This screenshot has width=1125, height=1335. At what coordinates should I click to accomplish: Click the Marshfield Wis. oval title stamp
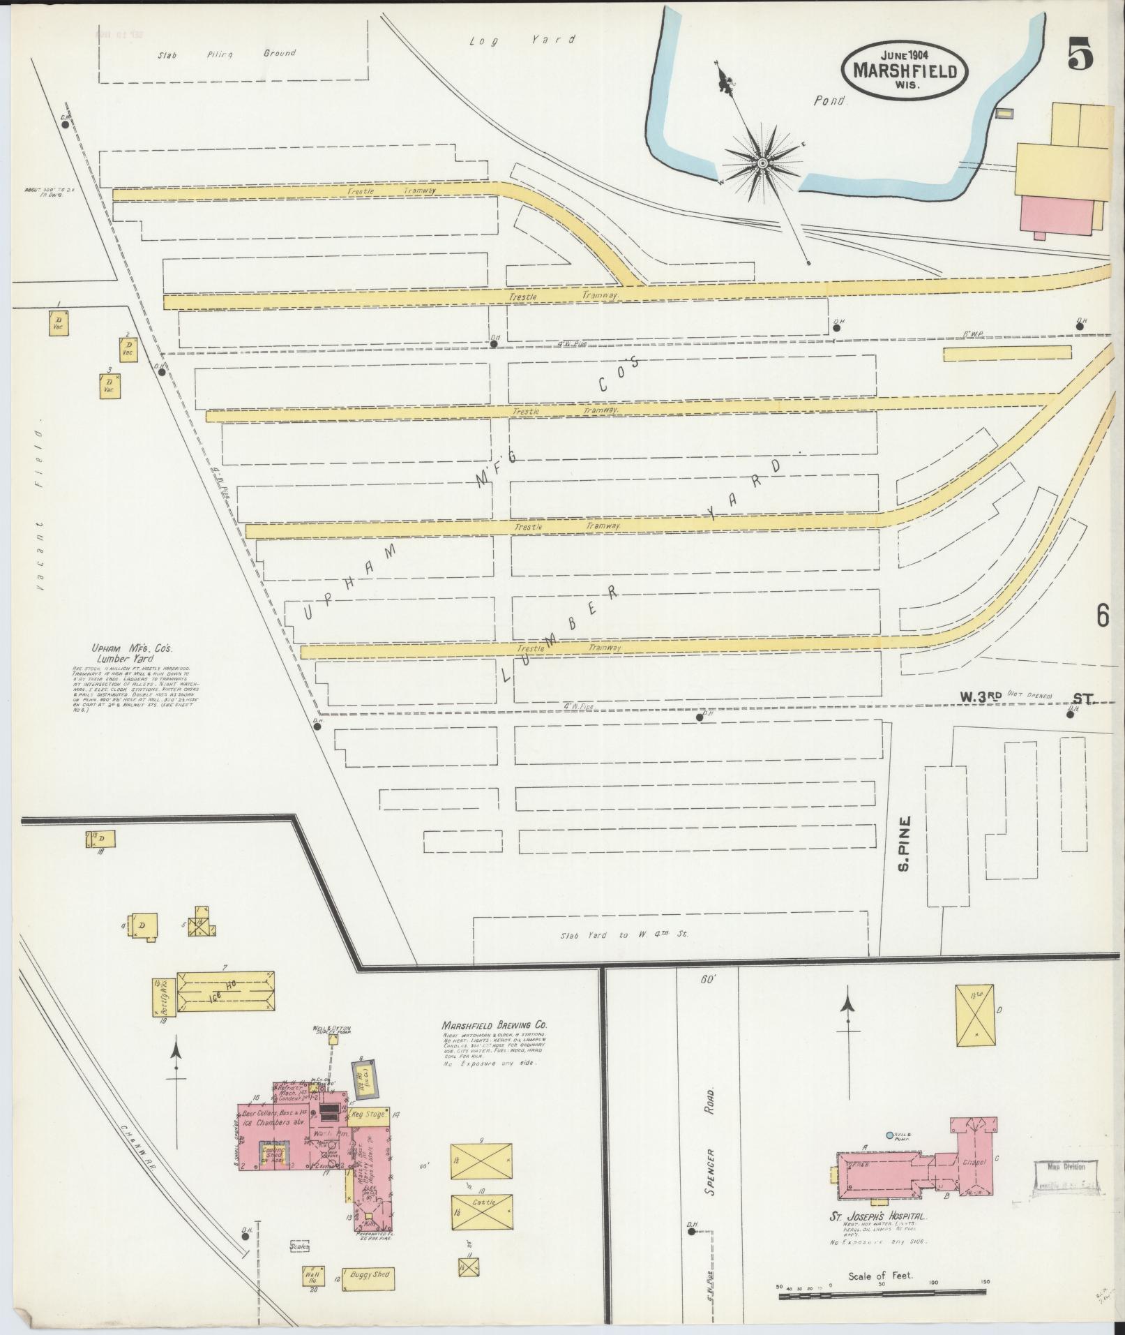[x=905, y=70]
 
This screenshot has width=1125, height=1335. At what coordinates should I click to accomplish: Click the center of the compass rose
[x=762, y=163]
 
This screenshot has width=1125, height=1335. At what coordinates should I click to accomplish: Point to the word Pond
[x=829, y=100]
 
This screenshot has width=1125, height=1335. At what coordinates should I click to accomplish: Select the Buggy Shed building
[x=368, y=1280]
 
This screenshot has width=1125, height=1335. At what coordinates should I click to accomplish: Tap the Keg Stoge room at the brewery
[x=368, y=1115]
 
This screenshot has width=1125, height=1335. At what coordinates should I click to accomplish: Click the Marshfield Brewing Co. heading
[x=494, y=1025]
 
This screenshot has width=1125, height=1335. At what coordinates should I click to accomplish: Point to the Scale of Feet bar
[x=880, y=1295]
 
